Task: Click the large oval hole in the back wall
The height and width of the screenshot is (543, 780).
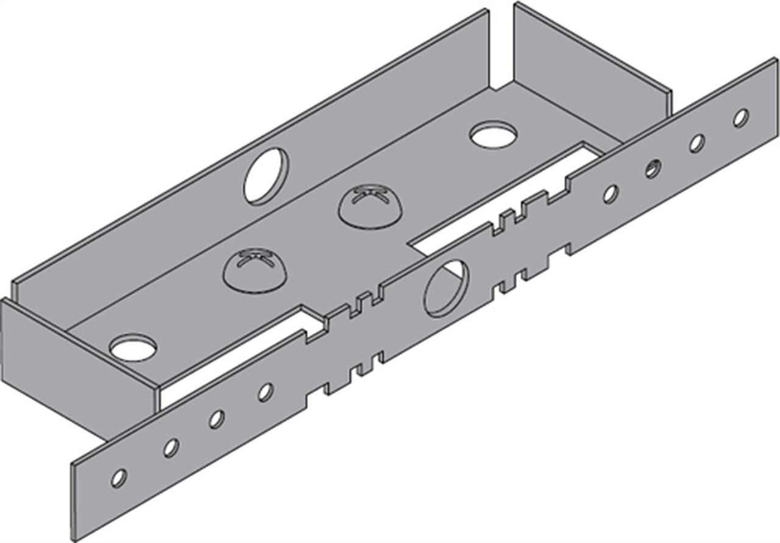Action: pyautogui.click(x=266, y=176)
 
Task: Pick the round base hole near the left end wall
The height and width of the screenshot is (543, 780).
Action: pyautogui.click(x=133, y=347)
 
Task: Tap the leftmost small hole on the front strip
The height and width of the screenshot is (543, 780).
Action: pyautogui.click(x=118, y=478)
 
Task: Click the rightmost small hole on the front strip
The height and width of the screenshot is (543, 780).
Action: pyautogui.click(x=741, y=118)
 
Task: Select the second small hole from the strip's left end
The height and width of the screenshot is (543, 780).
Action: pyautogui.click(x=171, y=447)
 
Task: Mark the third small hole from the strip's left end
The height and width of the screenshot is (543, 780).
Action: pyautogui.click(x=216, y=419)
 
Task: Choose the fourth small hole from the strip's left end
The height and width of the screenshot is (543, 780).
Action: pyautogui.click(x=265, y=392)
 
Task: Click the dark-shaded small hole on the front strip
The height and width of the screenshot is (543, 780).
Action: pyautogui.click(x=653, y=168)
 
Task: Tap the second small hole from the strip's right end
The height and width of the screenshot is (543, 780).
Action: pyautogui.click(x=697, y=143)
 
